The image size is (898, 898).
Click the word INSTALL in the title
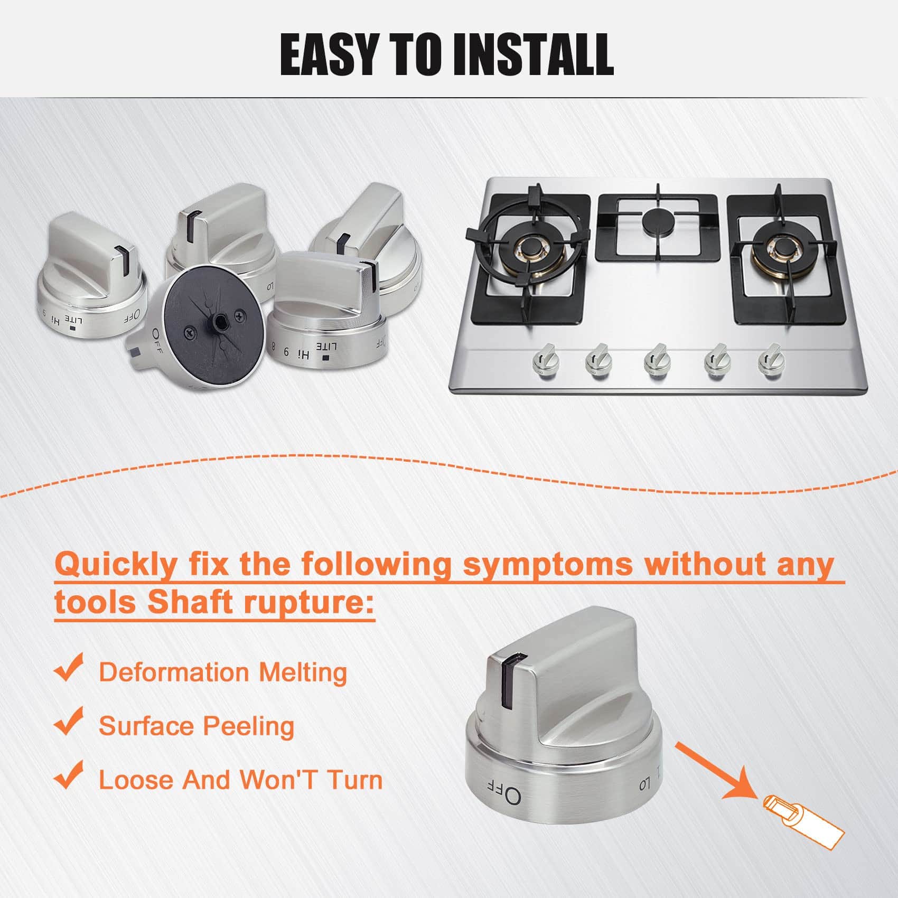pyautogui.click(x=533, y=54)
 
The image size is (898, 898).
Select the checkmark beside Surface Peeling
pyautogui.click(x=69, y=721)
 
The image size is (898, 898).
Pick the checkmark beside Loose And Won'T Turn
pyautogui.click(x=69, y=775)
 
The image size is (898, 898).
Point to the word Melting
pyautogui.click(x=303, y=673)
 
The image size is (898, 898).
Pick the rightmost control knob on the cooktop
pyautogui.click(x=771, y=360)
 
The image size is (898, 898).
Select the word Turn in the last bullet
pyautogui.click(x=354, y=781)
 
